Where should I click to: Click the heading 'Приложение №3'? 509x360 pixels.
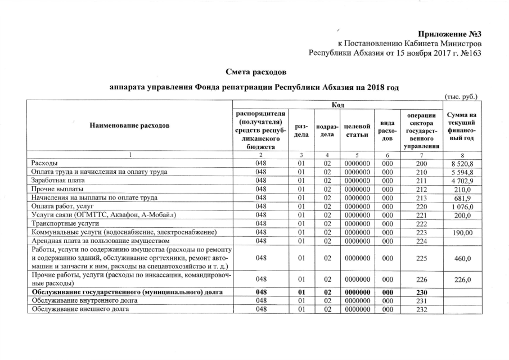tap(450, 33)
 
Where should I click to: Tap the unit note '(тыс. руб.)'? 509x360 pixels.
tap(461, 96)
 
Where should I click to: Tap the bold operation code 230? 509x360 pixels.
tap(422, 292)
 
